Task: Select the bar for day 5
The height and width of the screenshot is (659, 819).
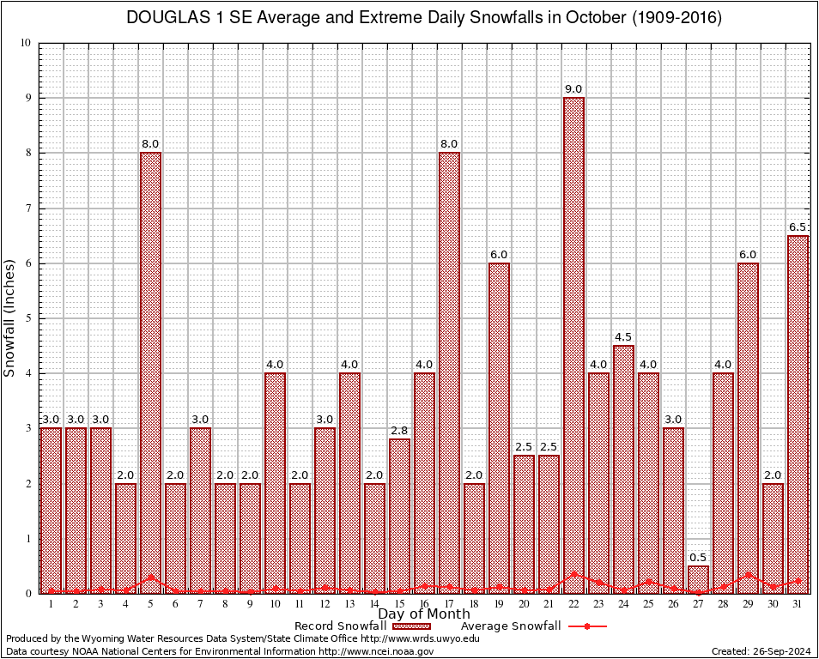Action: pos(151,372)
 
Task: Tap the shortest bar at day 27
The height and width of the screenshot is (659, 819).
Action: pos(698,579)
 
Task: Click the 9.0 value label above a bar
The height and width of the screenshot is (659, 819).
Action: pos(573,89)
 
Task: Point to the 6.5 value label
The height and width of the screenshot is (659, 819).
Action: pos(798,227)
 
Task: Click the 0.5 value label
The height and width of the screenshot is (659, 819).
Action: pos(698,558)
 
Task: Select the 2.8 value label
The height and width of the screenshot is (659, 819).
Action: pos(399,431)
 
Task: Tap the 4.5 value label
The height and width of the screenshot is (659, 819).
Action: pos(623,337)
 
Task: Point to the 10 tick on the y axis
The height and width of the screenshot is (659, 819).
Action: pos(26,43)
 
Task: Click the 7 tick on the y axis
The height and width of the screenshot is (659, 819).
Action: pos(28,209)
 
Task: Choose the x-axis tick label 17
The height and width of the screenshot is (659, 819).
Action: pos(449,604)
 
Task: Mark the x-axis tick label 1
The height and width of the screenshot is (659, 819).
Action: pos(52,604)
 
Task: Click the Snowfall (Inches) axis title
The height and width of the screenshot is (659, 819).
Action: pos(10,318)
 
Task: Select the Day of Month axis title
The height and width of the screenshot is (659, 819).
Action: pos(424,614)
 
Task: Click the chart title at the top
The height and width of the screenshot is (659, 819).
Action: pos(424,18)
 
